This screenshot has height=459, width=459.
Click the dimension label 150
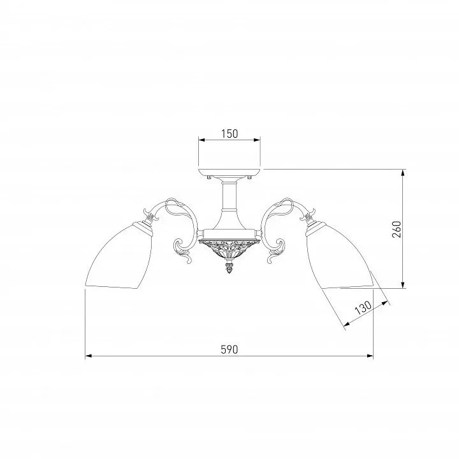point(229,134)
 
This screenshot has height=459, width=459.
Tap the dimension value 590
point(229,349)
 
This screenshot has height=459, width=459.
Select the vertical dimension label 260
point(397,229)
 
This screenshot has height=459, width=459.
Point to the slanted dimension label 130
point(363,307)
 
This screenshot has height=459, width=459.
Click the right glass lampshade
point(340,256)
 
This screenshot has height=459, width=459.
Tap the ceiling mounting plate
point(229,172)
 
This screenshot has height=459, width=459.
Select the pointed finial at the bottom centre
point(229,267)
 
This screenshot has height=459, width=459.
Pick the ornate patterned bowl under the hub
point(229,249)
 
